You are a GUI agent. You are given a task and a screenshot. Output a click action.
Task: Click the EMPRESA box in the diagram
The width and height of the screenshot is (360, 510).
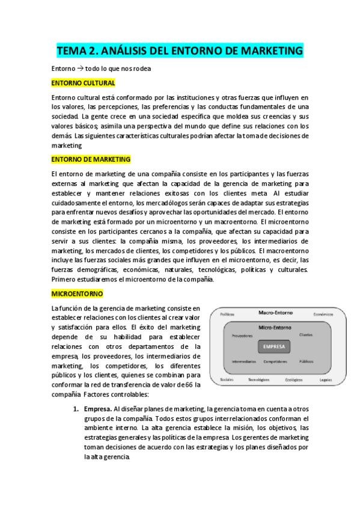pyautogui.click(x=273, y=346)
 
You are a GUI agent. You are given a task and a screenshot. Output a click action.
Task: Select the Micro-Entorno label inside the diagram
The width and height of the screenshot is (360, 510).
pyautogui.click(x=274, y=328)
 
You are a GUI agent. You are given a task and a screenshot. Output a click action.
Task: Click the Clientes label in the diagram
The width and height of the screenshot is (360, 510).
pyautogui.click(x=305, y=334)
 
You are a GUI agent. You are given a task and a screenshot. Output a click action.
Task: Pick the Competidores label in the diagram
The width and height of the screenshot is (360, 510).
pyautogui.click(x=275, y=361)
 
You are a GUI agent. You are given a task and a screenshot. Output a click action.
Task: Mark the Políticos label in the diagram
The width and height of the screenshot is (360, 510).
pyautogui.click(x=227, y=314)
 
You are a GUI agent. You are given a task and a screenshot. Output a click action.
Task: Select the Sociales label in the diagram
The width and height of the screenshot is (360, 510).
pyautogui.click(x=227, y=380)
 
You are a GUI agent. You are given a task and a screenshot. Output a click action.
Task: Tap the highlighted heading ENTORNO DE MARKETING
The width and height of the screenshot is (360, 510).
pyautogui.click(x=91, y=159)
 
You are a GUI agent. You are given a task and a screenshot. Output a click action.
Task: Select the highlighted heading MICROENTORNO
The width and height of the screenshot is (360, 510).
pyautogui.click(x=78, y=293)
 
